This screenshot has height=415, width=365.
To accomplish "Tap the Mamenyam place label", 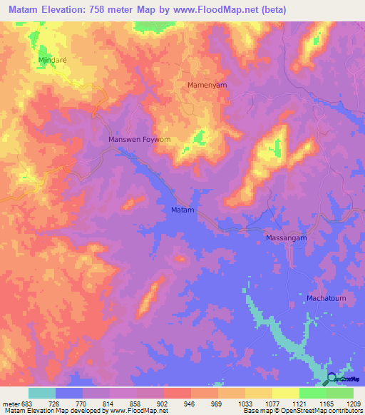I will pyautogui.click(x=207, y=85).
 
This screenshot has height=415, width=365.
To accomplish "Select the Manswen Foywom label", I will pyautogui.click(x=139, y=140).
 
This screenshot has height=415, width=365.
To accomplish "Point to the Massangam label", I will pyautogui.click(x=286, y=237).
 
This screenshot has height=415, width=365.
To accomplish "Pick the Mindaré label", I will pyautogui.click(x=52, y=61).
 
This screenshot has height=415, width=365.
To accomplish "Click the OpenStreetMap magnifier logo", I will pyautogui.click(x=332, y=379).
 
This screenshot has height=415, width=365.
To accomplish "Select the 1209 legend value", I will pyautogui.click(x=354, y=403).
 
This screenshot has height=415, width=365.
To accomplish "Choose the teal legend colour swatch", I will pyautogui.click(x=42, y=393).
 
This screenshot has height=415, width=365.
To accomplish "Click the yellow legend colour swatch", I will pyautogui.click(x=285, y=393).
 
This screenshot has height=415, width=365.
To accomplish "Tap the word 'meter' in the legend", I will pyautogui.click(x=9, y=403).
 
